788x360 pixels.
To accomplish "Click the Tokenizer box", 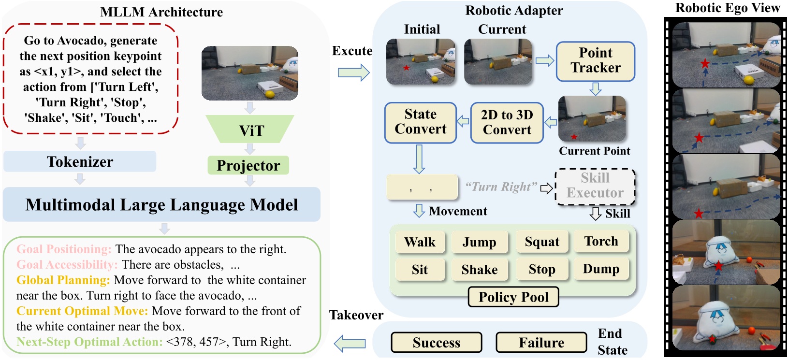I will coord(80,161).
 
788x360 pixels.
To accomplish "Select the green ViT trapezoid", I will coord(250,130).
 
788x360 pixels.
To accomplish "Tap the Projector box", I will coord(248,165).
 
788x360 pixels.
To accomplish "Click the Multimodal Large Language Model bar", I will coord(161,204).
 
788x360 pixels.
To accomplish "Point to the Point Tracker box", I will coord(595,61).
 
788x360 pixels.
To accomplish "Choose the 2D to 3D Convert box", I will coord(507,122).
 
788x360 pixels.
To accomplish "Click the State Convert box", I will coord(420,122).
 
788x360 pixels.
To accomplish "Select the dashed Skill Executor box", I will coord(595,186).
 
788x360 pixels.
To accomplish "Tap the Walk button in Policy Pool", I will coord(420,242).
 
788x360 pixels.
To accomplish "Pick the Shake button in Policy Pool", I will coord(479,270).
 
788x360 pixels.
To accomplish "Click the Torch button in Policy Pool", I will coord(601,241).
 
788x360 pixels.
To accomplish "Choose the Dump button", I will coord(601,269).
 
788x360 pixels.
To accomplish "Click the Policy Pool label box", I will coord(513,297).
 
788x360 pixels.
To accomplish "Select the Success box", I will coord(436,342).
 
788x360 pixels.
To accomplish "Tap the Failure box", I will coord(541,342).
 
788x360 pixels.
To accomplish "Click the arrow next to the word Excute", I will coord(353,72).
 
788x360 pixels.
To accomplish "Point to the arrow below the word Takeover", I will coord(350,343).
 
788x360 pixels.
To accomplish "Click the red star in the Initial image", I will coord(406,68).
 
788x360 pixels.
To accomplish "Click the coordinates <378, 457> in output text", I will coord(196,342).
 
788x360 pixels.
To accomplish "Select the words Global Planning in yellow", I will coord(63,280).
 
